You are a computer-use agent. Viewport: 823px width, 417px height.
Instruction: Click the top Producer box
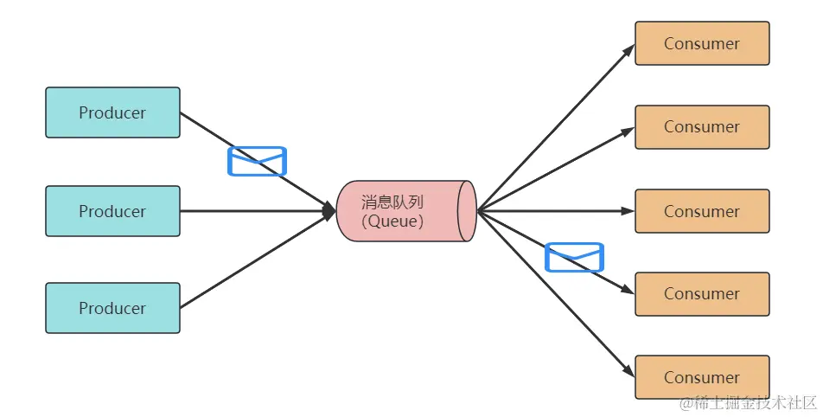[x=112, y=112]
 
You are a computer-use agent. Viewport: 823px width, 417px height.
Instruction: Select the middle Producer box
[x=112, y=211]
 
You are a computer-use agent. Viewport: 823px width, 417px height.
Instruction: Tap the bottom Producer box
[x=112, y=308]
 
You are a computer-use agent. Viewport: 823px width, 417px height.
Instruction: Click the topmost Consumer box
[x=702, y=43]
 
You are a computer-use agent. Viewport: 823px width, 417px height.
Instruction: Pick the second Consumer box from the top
[x=702, y=127]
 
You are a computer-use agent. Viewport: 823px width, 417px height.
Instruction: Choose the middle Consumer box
[x=702, y=211]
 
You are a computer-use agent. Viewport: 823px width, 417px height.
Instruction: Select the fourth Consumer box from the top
[x=702, y=294]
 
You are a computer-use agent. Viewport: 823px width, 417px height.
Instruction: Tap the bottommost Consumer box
[x=702, y=377]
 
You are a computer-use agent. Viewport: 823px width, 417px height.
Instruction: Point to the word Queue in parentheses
[x=394, y=221]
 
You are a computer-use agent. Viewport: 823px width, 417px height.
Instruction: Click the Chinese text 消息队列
[x=393, y=202]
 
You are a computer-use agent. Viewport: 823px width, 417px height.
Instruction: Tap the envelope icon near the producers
[x=257, y=161]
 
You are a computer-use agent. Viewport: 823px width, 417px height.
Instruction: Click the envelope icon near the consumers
[x=574, y=257]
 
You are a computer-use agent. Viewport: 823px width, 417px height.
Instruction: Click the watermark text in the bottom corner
[x=748, y=403]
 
